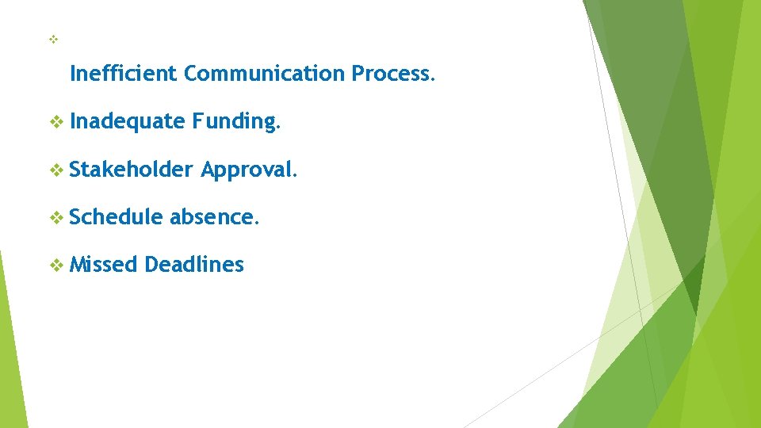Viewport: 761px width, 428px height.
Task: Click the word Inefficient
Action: (123, 74)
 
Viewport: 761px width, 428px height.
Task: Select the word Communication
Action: (264, 74)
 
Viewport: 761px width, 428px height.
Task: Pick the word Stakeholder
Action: (131, 169)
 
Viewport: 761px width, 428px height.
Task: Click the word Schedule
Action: (117, 216)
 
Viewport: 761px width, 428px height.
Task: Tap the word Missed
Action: (103, 264)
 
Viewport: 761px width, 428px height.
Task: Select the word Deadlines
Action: (194, 264)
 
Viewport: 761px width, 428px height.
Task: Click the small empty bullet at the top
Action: (54, 39)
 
